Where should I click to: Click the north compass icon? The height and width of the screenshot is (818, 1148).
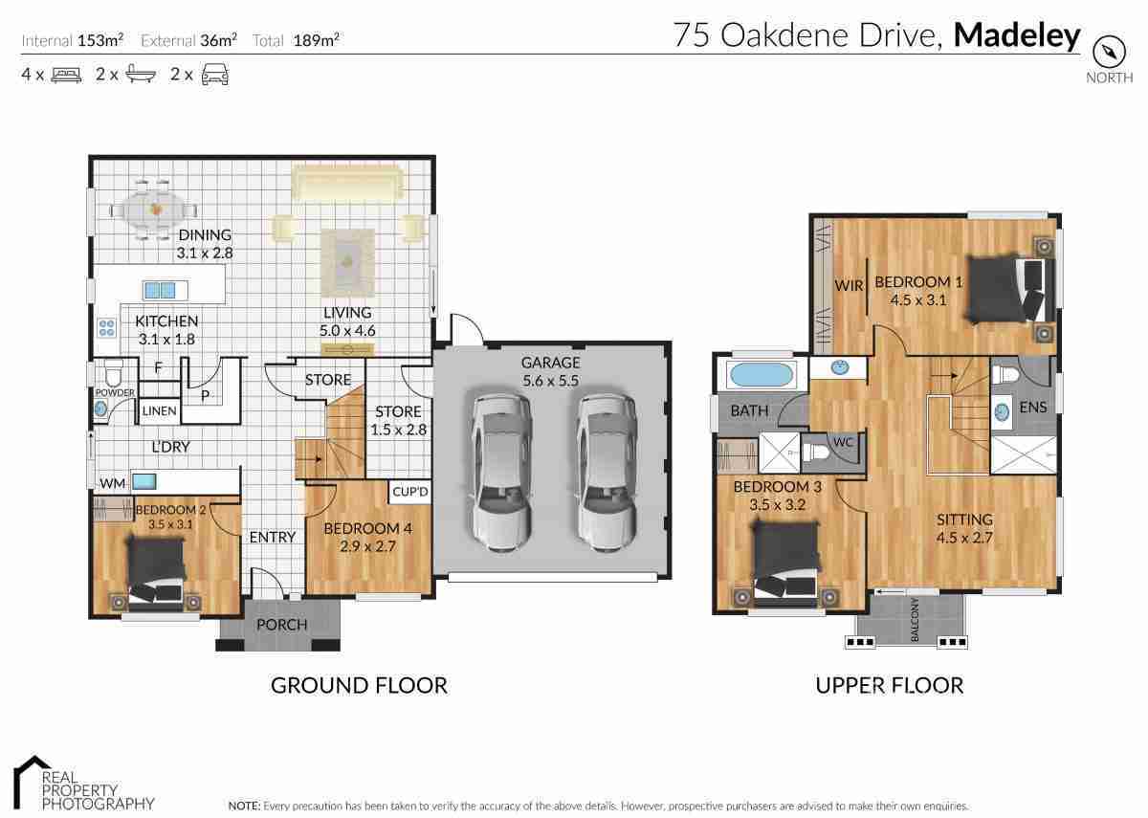click(x=1109, y=52)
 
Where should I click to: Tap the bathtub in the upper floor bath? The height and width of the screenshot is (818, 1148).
click(x=761, y=375)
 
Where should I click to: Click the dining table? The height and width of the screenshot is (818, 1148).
click(x=153, y=210)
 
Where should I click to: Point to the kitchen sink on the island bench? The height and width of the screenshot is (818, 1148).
click(x=160, y=290)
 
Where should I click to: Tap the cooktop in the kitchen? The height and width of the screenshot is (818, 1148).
click(x=106, y=328)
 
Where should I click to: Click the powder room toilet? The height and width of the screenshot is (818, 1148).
click(x=113, y=374)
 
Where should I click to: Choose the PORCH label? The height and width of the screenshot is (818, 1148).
click(x=282, y=625)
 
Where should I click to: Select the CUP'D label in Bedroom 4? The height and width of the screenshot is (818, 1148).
click(x=410, y=492)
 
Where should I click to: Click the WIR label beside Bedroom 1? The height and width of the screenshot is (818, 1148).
click(x=849, y=285)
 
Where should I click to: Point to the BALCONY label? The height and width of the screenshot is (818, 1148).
click(x=915, y=620)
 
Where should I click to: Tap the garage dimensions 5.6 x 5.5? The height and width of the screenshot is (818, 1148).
click(x=550, y=381)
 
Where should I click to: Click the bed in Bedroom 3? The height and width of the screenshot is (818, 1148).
click(x=785, y=561)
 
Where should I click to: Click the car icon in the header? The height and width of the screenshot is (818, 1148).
click(x=214, y=75)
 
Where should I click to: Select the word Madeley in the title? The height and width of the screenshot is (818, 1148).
click(x=1017, y=35)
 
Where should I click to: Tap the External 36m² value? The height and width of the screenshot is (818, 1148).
click(x=218, y=40)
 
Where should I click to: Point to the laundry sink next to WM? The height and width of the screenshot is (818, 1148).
click(x=144, y=482)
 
